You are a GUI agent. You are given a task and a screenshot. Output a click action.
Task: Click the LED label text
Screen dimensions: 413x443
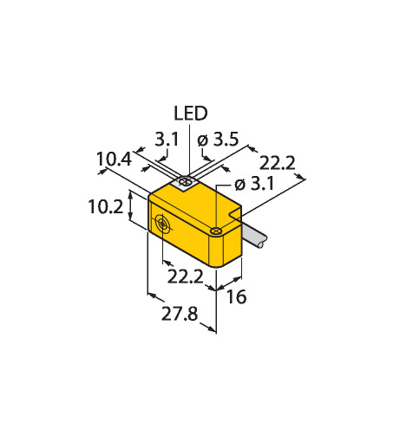pyautogui.click(x=191, y=114)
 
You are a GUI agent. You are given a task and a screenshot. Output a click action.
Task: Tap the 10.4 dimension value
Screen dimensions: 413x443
pyautogui.click(x=114, y=159)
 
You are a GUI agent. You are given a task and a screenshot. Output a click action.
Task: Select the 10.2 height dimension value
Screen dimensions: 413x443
pyautogui.click(x=106, y=206)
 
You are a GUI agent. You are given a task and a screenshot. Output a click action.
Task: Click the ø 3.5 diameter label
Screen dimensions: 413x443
pyautogui.click(x=218, y=140)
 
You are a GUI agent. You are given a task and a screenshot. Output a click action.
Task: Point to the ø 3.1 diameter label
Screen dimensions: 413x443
pyautogui.click(x=254, y=184)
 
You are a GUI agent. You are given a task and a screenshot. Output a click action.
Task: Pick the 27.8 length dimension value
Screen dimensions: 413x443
pyautogui.click(x=180, y=314)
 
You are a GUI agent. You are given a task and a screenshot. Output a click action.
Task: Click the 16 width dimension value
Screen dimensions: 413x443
pyautogui.click(x=236, y=296)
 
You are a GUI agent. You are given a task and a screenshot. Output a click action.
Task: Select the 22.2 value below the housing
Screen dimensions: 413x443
pyautogui.click(x=186, y=277)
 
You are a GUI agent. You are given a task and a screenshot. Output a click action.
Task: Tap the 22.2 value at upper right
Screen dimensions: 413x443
pyautogui.click(x=277, y=163)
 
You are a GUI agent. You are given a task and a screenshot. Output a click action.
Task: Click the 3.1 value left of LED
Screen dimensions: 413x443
pyautogui.click(x=167, y=140)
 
